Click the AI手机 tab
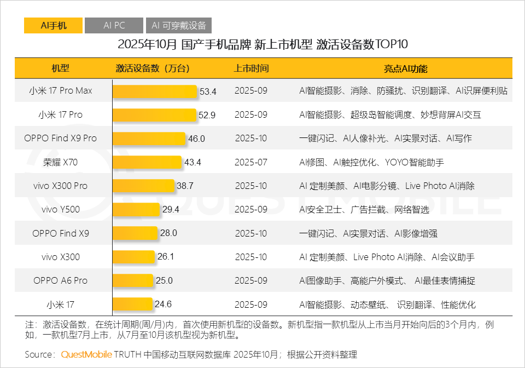(53, 26)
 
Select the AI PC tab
(114, 26)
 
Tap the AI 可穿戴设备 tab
(179, 26)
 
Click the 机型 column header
(60, 68)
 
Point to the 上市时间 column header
(251, 68)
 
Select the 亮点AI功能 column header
(405, 68)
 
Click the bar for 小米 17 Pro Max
(155, 91)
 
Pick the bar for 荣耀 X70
(147, 163)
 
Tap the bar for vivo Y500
(136, 210)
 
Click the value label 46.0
(196, 139)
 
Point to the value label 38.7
(185, 186)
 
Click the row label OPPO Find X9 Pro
(60, 139)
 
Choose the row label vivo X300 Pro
(60, 186)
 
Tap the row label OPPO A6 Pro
(60, 280)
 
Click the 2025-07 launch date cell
(251, 162)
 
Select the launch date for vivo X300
(251, 257)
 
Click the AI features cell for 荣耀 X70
(371, 162)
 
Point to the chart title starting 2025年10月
(262, 44)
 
